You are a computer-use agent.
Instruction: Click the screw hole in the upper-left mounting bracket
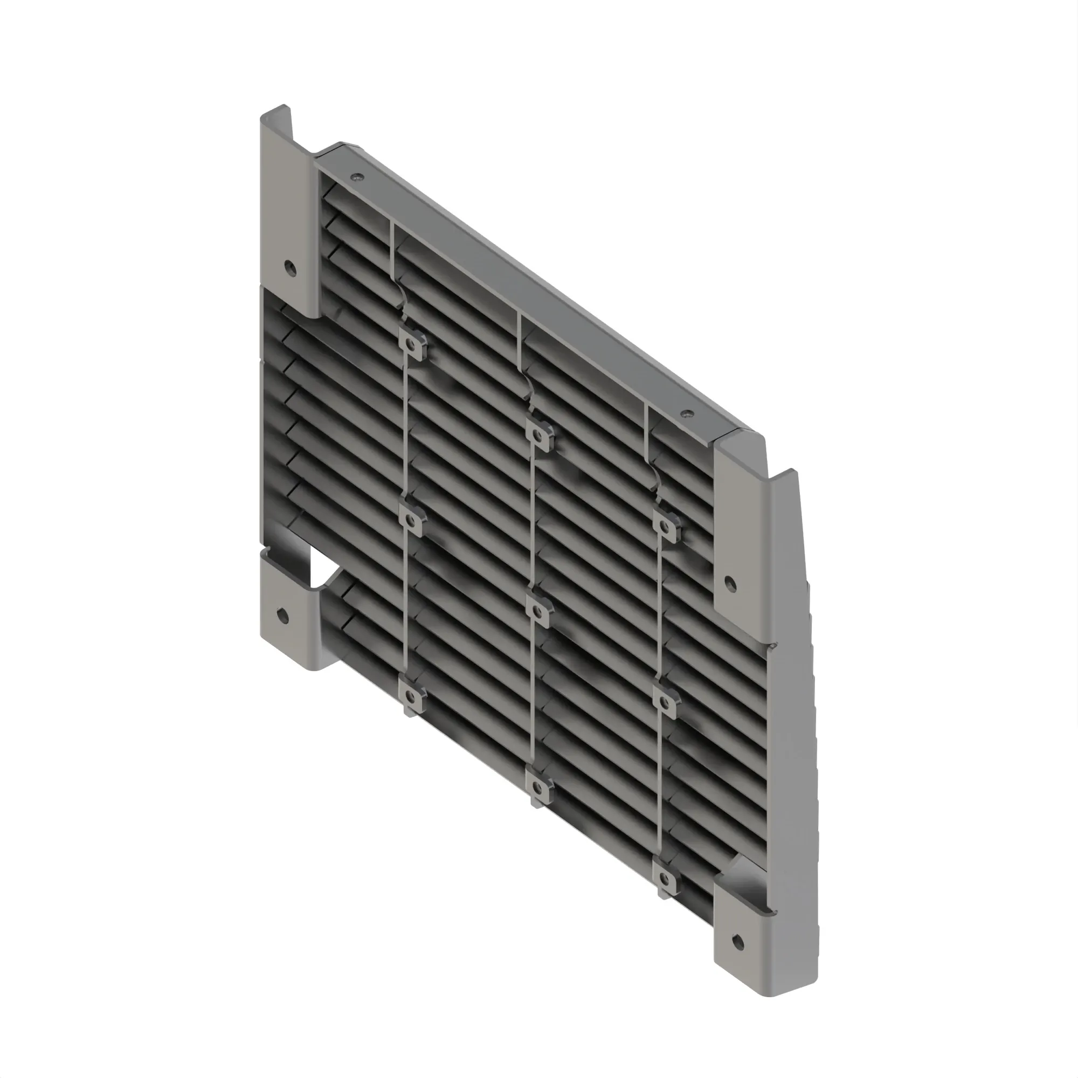[x=288, y=267]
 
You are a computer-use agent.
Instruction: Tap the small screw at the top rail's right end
[x=686, y=414]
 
